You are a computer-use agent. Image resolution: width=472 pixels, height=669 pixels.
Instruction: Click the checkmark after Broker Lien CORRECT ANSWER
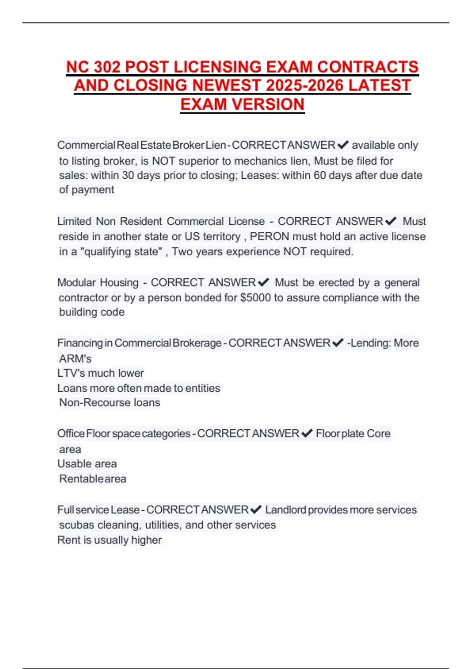[x=343, y=145]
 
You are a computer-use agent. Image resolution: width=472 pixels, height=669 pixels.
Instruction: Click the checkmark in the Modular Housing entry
[x=263, y=283]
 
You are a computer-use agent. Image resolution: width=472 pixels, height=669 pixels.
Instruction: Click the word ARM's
[x=75, y=359]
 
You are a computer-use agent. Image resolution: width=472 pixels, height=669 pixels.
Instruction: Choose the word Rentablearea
[x=93, y=479]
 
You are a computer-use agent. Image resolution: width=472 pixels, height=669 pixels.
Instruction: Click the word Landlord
[x=286, y=510]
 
